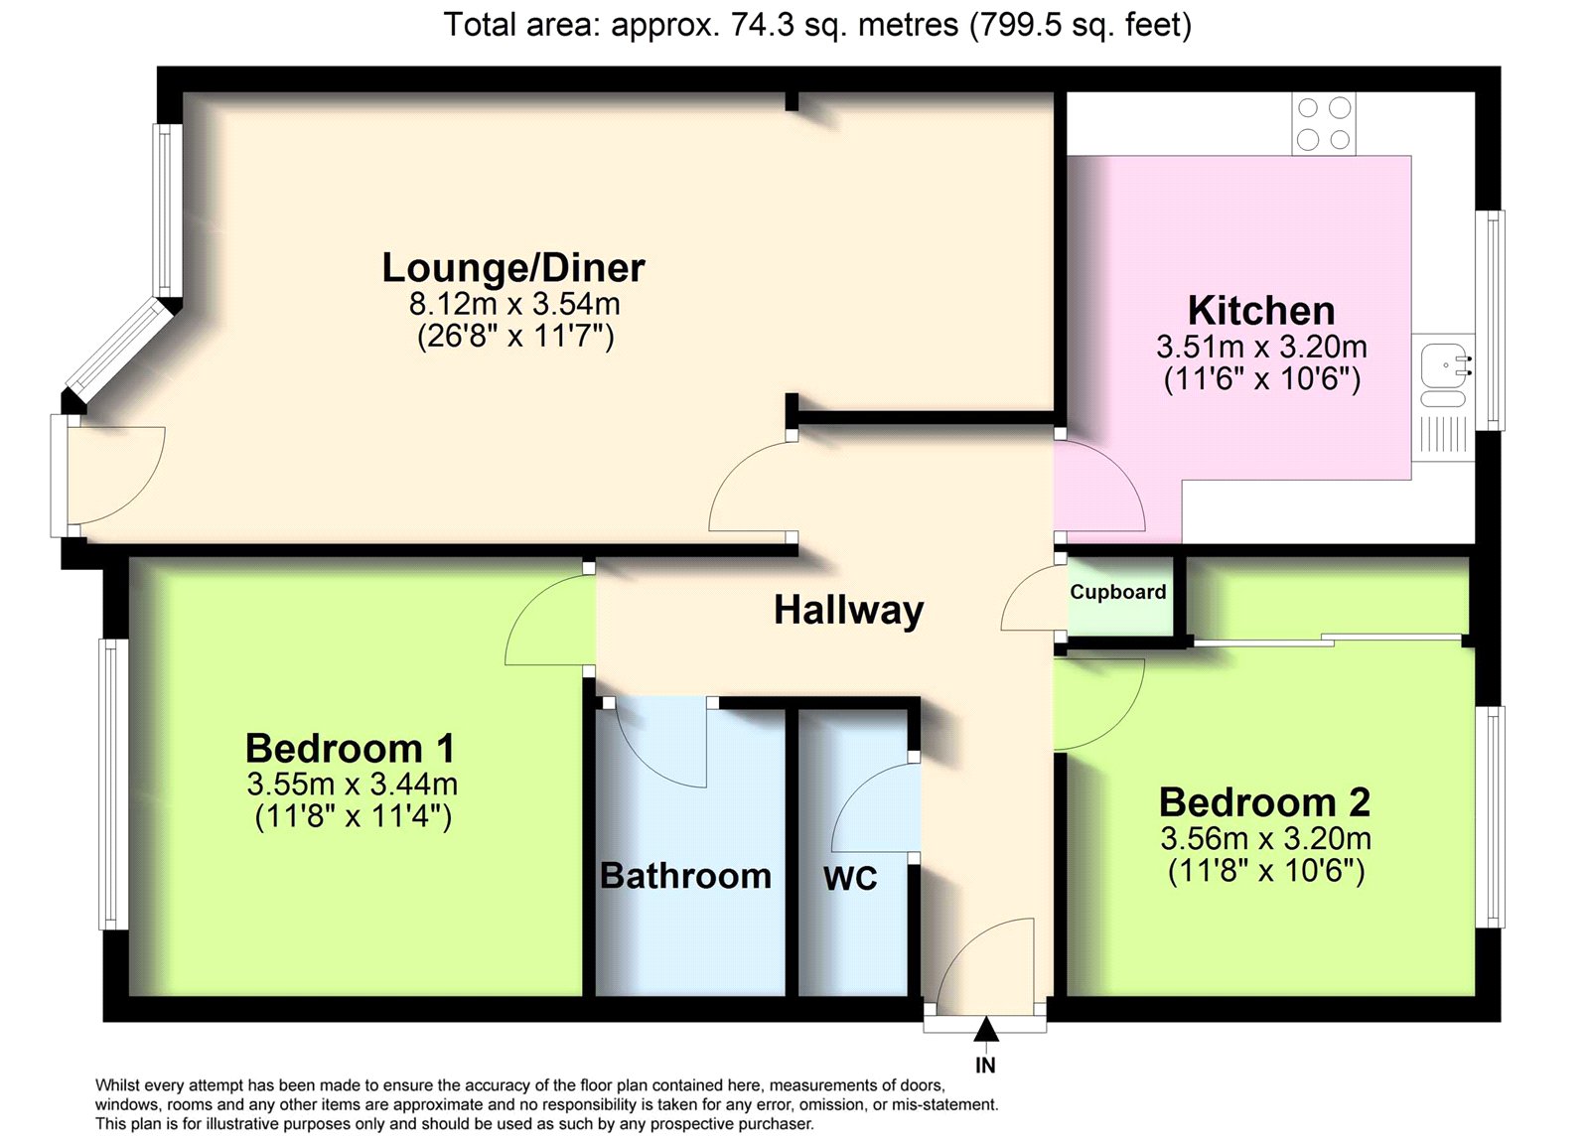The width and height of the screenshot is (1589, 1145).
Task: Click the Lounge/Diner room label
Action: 513,269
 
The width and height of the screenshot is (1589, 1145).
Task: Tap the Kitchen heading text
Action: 1261,311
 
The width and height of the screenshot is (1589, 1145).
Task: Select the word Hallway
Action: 848,611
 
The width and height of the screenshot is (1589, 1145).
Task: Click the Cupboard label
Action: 1118,592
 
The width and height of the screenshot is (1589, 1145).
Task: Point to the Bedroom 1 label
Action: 350,748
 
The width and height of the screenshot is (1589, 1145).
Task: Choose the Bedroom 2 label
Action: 1265,802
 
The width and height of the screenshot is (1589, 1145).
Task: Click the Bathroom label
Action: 686,876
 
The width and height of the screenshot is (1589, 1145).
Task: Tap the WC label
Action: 850,879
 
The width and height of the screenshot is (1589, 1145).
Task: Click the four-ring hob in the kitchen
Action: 1324,125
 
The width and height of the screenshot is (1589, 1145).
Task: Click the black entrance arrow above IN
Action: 985,1030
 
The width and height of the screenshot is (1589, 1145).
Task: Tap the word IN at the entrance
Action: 985,1066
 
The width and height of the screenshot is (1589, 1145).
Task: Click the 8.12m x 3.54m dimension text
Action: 514,304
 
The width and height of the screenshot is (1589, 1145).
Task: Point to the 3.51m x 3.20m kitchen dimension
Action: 1262,347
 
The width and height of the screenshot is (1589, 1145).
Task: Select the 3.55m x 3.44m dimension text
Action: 352,784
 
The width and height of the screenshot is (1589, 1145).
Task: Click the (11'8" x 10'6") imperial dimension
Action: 1266,871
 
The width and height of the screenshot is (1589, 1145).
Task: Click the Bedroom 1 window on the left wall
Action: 113,784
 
